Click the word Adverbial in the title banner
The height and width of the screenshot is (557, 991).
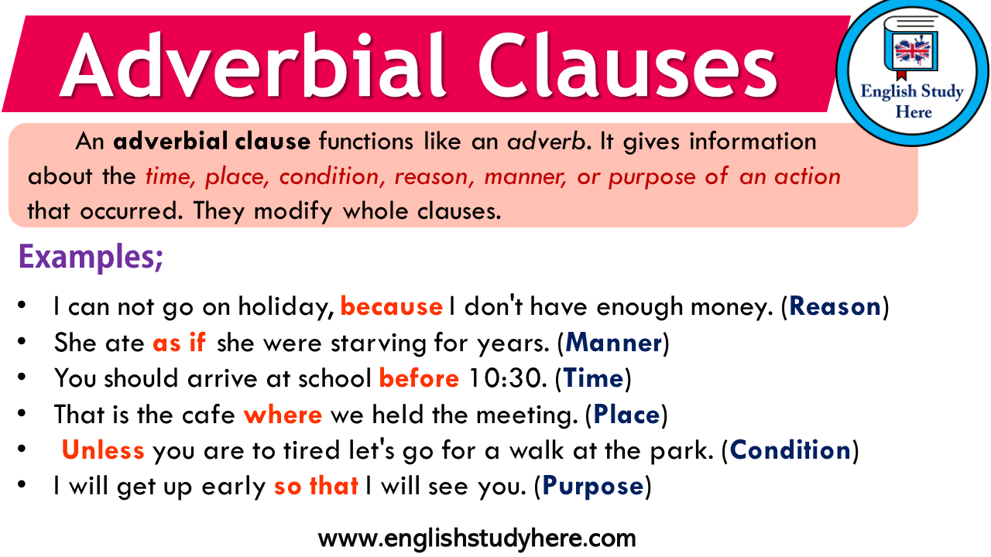[x=253, y=64]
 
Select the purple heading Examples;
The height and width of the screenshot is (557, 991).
[x=91, y=258]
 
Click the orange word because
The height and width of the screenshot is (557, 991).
[x=392, y=306]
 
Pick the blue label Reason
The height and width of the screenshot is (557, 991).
[x=835, y=306]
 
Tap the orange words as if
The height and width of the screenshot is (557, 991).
[x=179, y=342]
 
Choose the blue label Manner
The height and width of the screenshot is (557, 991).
[x=614, y=342]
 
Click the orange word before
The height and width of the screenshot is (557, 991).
[x=420, y=378]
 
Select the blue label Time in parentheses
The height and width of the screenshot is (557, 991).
[x=593, y=378]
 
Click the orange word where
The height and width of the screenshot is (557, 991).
[x=283, y=415]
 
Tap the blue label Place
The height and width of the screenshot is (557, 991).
[x=626, y=415]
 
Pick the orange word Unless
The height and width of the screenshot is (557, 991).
[x=103, y=450]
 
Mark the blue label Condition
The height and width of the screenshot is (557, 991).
[x=790, y=450]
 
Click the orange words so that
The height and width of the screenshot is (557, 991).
[x=316, y=487]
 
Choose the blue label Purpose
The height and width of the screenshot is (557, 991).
[x=593, y=487]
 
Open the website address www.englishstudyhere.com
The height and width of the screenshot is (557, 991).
[x=477, y=538]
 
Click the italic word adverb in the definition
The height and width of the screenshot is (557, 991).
[x=547, y=142]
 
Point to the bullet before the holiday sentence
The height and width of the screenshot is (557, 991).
[x=22, y=306]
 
